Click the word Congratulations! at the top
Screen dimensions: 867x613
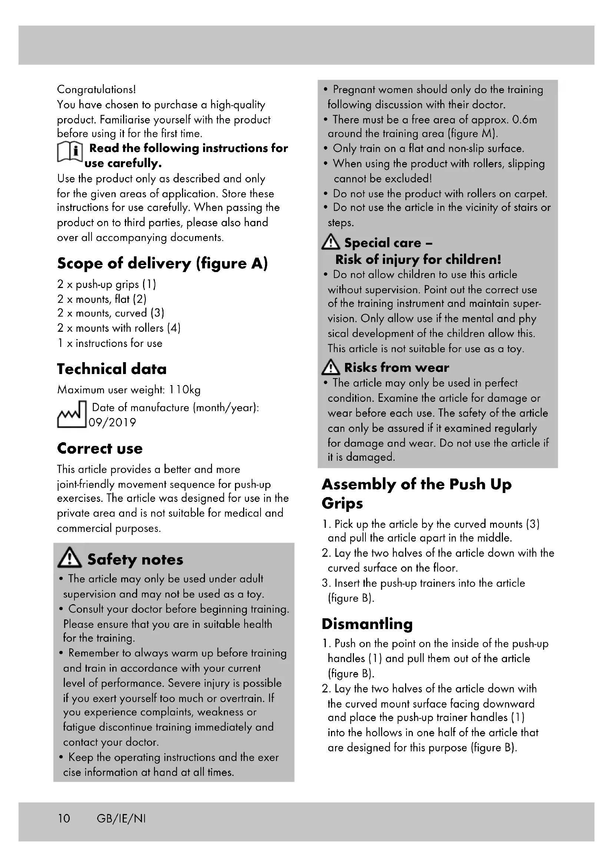[x=96, y=90]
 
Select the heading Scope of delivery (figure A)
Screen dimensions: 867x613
[x=162, y=263]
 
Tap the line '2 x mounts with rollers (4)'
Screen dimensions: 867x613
[x=119, y=328]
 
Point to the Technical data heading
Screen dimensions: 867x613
[x=112, y=369]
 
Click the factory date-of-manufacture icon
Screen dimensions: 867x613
[x=72, y=414]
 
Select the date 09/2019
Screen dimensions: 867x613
[x=112, y=422]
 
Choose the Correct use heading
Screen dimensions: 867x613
[x=100, y=448]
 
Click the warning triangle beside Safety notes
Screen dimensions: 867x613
[x=69, y=559]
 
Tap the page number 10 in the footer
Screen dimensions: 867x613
[x=64, y=818]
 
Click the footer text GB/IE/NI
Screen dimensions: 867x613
[x=121, y=818]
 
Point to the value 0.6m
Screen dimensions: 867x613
[x=525, y=120]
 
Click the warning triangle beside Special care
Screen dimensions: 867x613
[x=331, y=242]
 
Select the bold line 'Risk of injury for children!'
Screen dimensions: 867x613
[x=418, y=259]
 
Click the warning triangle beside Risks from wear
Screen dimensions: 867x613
[x=331, y=367]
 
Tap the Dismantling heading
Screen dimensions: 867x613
[x=367, y=623]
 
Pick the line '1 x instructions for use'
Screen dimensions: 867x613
[x=109, y=343]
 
